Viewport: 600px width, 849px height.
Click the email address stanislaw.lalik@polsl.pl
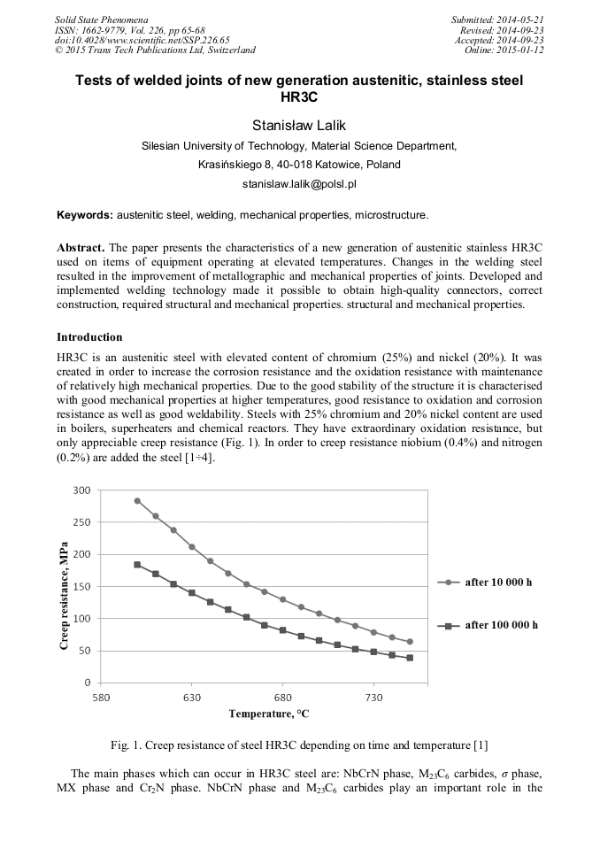299,184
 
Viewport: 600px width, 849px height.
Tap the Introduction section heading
89,337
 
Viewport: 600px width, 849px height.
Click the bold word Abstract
80,247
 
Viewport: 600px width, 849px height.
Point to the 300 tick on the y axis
81,490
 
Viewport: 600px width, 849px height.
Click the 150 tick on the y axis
81,587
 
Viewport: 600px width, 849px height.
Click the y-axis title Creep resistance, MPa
65,586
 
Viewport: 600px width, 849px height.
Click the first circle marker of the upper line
137,500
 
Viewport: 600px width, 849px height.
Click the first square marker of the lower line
137,565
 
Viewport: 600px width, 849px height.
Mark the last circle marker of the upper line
410,642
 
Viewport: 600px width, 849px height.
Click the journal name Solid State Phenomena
101,19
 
